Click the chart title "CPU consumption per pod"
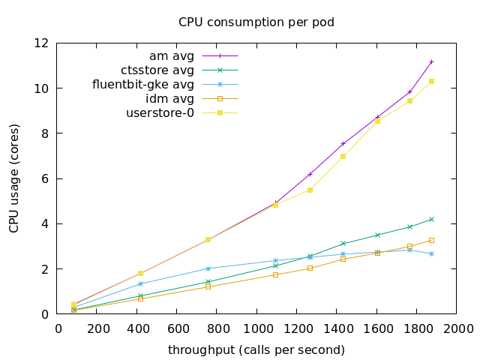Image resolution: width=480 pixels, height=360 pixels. [x=256, y=22]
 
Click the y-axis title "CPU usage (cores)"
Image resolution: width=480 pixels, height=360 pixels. [x=14, y=178]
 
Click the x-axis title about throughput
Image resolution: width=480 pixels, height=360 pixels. [x=256, y=350]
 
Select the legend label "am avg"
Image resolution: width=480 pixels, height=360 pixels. [x=172, y=56]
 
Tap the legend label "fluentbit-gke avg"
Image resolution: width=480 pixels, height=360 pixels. [x=143, y=85]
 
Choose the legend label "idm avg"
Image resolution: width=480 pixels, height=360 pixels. [x=169, y=99]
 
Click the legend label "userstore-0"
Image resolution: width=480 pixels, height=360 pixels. [x=160, y=113]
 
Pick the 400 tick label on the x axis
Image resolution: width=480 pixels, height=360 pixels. [x=138, y=328]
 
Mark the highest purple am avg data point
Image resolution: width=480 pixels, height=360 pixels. [x=431, y=61]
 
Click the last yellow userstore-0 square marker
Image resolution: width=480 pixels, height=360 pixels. [x=431, y=81]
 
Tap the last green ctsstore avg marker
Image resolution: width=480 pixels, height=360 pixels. [x=431, y=219]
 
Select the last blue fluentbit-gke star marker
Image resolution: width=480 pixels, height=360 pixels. [x=431, y=253]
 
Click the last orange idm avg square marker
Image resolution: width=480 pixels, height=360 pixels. [x=431, y=240]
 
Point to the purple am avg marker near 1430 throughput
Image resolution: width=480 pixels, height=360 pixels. [x=343, y=143]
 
